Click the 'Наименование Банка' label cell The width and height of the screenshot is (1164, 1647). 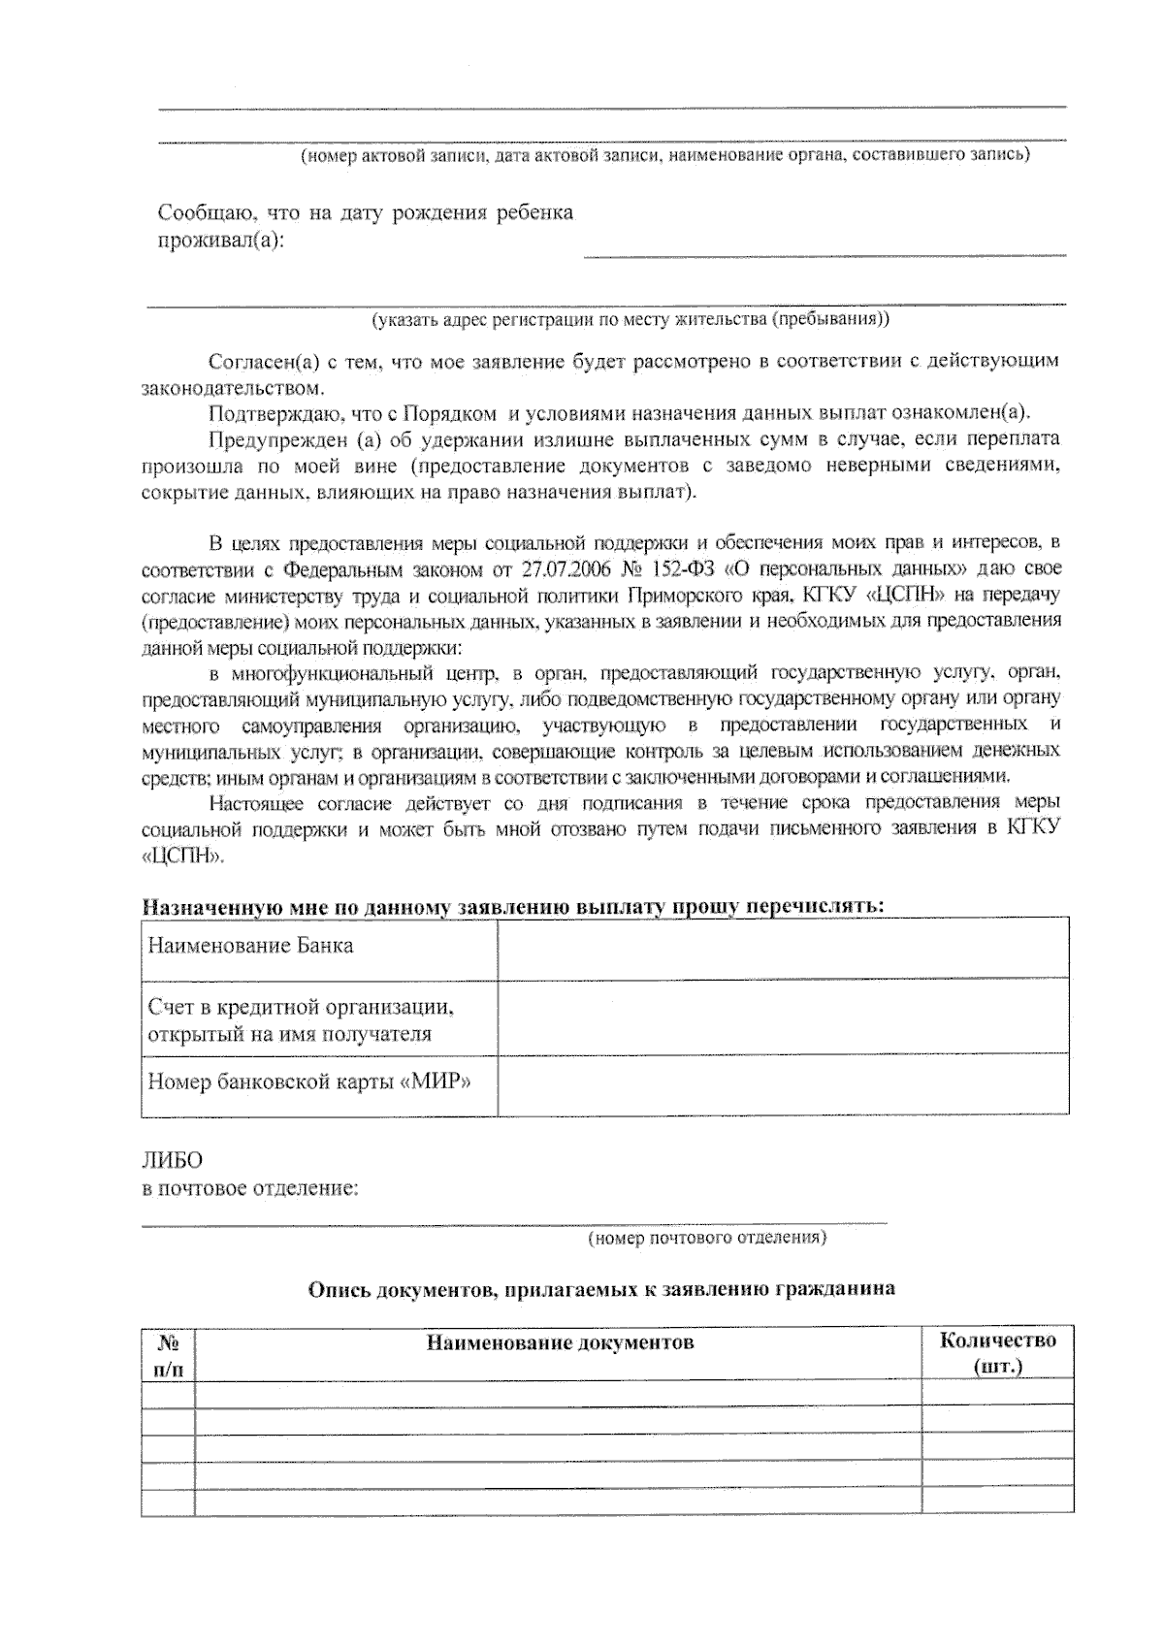pyautogui.click(x=250, y=946)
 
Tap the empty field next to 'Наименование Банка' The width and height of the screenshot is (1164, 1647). pyautogui.click(x=783, y=948)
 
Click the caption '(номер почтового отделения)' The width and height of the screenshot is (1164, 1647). pyautogui.click(x=707, y=1238)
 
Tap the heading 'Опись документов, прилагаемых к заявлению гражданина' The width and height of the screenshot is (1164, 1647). pyautogui.click(x=601, y=1289)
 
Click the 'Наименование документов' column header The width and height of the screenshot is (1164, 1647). pyautogui.click(x=560, y=1342)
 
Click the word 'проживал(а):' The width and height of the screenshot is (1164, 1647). pyautogui.click(x=221, y=240)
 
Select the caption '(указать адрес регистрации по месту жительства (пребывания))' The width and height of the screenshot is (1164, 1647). pyautogui.click(x=630, y=318)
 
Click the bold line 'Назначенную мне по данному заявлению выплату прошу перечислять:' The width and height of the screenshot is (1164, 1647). pyautogui.click(x=513, y=906)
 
